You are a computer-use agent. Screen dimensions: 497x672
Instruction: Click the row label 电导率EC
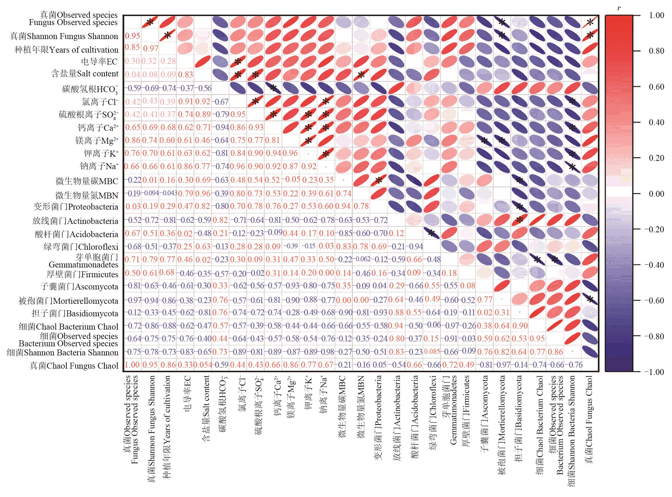tap(99, 62)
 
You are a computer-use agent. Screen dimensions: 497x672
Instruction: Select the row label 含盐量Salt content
tap(85, 74)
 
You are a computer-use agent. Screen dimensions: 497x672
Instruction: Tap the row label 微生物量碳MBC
tap(87, 181)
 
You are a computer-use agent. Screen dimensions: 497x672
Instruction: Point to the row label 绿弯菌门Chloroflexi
tap(81, 247)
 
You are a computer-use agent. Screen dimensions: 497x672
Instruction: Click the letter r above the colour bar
tap(619, 8)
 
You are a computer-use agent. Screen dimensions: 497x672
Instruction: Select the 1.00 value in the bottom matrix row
tap(132, 365)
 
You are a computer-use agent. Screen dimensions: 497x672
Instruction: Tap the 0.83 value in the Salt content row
tap(185, 74)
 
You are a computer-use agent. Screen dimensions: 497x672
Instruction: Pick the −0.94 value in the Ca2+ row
tap(220, 127)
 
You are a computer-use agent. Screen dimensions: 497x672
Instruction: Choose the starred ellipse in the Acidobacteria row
tap(432, 234)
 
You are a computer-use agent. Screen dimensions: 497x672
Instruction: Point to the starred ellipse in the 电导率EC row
tap(238, 62)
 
